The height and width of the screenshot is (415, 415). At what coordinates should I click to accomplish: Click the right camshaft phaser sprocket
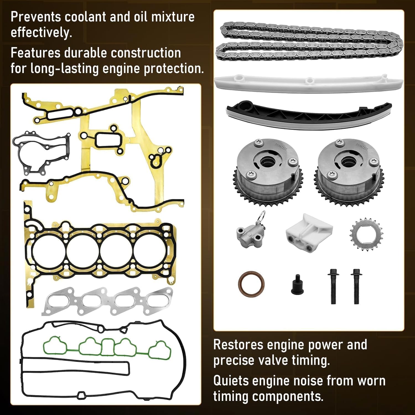[x=349, y=172]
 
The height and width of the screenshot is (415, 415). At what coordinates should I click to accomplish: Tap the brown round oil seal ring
[x=251, y=284]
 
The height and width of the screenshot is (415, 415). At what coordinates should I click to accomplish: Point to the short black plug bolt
[x=297, y=285]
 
